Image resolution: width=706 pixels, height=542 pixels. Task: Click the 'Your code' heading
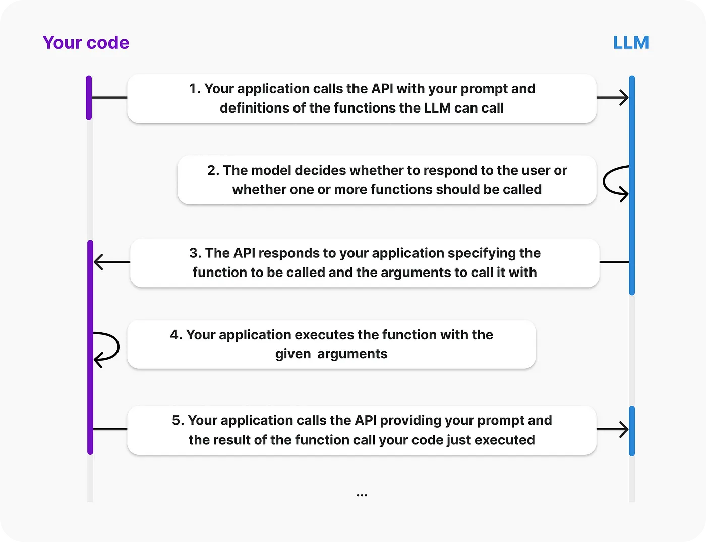86,43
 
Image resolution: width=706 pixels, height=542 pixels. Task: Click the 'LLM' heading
631,42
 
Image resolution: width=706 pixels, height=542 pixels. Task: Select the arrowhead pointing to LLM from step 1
624,97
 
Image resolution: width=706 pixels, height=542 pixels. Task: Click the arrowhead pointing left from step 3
99,262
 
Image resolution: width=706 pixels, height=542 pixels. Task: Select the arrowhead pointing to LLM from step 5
624,429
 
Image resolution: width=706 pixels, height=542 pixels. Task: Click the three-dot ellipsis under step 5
362,495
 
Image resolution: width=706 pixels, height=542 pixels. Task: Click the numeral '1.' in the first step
195,89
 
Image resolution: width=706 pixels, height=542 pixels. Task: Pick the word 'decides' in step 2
320,170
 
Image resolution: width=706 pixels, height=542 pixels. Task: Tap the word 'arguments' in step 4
352,354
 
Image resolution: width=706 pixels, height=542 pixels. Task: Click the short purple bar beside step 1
89,97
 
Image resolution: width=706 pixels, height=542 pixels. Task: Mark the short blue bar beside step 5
632,431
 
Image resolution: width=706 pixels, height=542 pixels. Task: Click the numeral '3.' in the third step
195,253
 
